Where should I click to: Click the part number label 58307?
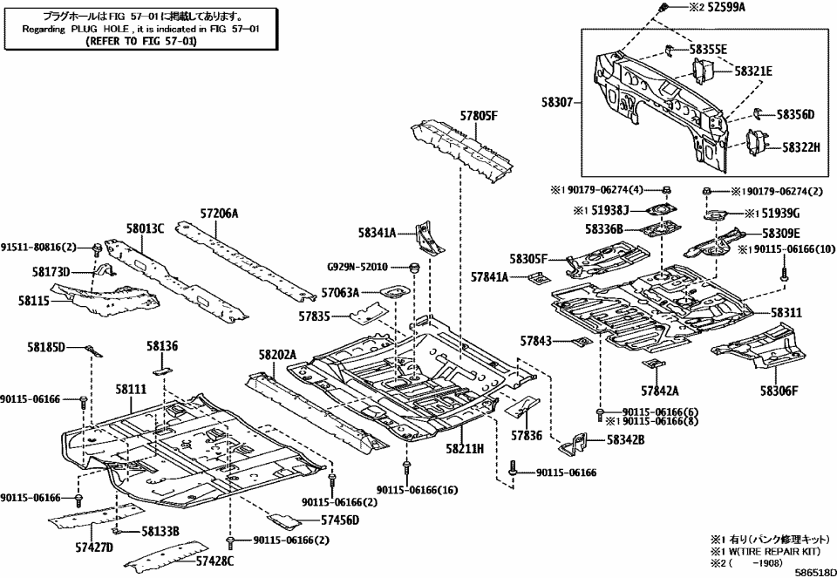(554, 102)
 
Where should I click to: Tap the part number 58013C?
(145, 228)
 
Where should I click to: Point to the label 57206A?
(219, 213)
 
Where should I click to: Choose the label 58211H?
(466, 448)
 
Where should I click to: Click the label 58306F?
(779, 391)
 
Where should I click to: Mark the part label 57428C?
(214, 561)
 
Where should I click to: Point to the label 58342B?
(625, 439)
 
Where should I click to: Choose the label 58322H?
(800, 147)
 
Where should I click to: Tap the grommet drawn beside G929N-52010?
(416, 266)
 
